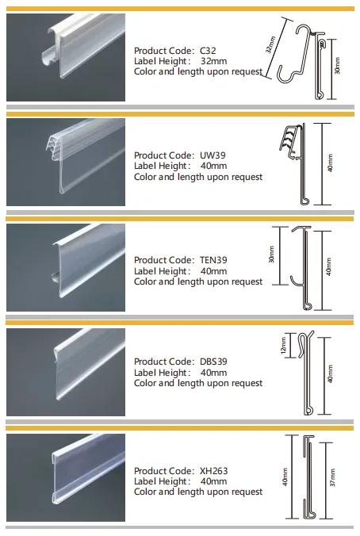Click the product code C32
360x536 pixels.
click(x=208, y=51)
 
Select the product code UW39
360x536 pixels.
click(x=213, y=155)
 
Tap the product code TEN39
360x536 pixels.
click(x=213, y=260)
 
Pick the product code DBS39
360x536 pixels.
click(x=213, y=362)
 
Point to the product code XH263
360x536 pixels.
click(x=213, y=471)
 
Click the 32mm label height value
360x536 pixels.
click(x=213, y=61)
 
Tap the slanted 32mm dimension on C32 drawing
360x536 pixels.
click(x=270, y=44)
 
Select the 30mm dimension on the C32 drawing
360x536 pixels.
click(x=338, y=66)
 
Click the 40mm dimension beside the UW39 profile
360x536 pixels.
click(x=330, y=163)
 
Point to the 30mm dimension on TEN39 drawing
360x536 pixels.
click(x=271, y=255)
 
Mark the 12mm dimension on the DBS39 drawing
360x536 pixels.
click(x=283, y=346)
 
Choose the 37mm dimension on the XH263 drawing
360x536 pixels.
click(x=332, y=477)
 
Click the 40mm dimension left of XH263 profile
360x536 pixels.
click(x=285, y=477)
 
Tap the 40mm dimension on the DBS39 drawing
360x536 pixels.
click(x=330, y=373)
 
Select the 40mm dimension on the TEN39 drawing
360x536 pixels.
click(x=328, y=266)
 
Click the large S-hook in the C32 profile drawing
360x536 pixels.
click(x=293, y=54)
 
